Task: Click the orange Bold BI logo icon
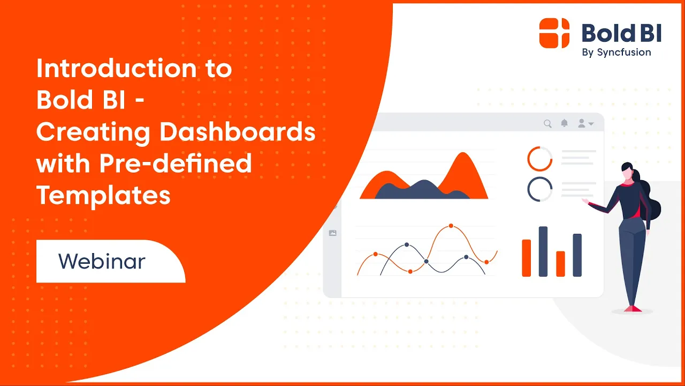pyautogui.click(x=554, y=33)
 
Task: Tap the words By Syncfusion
pyautogui.click(x=616, y=53)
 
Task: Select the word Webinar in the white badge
pyautogui.click(x=102, y=261)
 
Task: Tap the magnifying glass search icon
pyautogui.click(x=547, y=124)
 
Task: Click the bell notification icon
pyautogui.click(x=564, y=123)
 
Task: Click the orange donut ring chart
pyautogui.click(x=539, y=159)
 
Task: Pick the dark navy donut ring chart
pyautogui.click(x=539, y=189)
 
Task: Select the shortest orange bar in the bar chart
pyautogui.click(x=560, y=264)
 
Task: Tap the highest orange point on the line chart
pyautogui.click(x=451, y=226)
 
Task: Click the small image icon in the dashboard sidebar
pyautogui.click(x=332, y=233)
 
